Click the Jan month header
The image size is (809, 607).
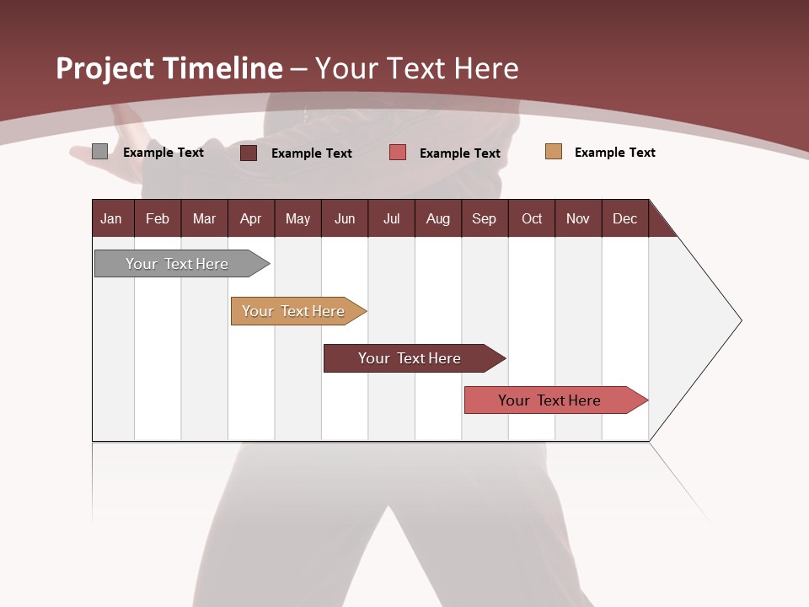111,218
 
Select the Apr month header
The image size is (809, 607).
250,218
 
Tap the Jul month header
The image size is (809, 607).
391,218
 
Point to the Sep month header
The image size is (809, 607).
484,218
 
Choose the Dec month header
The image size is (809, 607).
624,218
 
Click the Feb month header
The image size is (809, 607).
158,218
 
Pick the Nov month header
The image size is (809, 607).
577,218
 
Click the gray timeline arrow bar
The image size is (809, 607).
177,264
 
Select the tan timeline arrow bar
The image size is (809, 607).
293,311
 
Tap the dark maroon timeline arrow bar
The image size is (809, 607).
410,358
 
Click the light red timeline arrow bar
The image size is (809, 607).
549,400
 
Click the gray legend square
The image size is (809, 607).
99,152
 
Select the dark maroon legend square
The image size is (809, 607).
249,153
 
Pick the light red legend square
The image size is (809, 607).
398,153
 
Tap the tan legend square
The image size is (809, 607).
554,152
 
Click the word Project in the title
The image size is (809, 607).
104,68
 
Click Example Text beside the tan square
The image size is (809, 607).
614,153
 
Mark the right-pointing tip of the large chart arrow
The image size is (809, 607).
740,320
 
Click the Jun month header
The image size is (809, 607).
344,218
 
